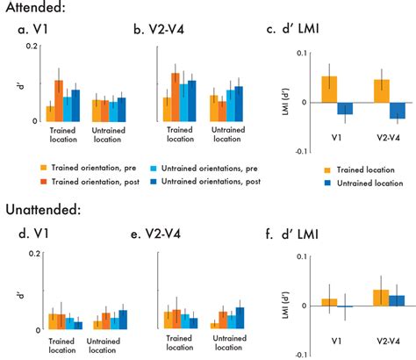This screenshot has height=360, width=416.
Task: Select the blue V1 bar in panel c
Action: (x=345, y=109)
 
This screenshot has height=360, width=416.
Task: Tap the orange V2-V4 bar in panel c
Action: (x=381, y=91)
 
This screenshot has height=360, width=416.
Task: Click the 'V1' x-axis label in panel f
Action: (x=336, y=339)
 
